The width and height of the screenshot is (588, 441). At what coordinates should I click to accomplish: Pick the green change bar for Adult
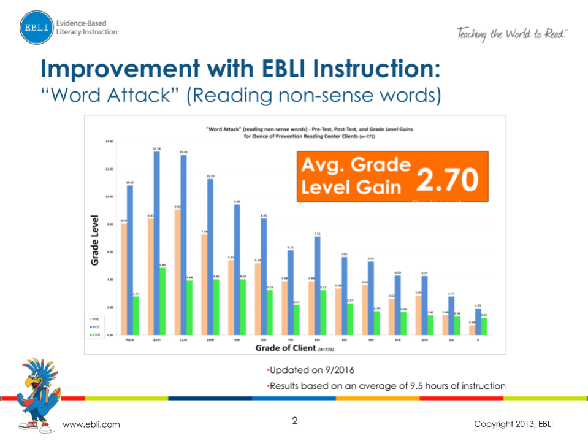click(x=136, y=315)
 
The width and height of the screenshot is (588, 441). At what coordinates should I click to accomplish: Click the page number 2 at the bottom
click(x=294, y=421)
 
